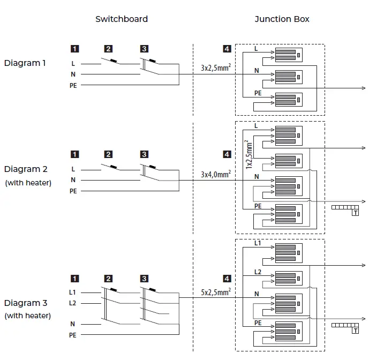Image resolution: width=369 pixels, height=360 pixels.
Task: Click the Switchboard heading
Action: (122, 19)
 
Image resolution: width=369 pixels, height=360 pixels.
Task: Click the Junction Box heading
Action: (282, 19)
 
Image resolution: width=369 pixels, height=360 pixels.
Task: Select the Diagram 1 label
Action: (25, 63)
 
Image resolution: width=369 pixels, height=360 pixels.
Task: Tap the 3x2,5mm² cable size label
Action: (216, 68)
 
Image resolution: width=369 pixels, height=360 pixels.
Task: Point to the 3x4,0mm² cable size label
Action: (216, 174)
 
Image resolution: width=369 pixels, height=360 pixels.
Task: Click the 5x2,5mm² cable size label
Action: (216, 292)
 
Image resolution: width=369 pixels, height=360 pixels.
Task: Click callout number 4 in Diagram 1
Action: (227, 49)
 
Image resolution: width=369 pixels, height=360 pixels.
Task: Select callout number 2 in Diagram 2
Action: (108, 155)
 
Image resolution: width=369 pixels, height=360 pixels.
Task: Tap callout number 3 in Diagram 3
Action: (144, 279)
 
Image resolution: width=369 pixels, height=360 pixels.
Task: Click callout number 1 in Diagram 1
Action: (74, 49)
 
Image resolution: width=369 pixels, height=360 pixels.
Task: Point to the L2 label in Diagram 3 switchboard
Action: (73, 303)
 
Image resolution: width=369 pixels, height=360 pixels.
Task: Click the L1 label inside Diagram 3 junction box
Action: (258, 243)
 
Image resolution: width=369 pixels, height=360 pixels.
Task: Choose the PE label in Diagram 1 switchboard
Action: (73, 85)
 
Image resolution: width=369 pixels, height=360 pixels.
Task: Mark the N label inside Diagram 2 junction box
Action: (257, 176)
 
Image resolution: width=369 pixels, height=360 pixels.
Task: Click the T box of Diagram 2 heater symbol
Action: (355, 213)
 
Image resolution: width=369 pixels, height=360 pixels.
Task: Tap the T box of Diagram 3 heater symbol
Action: (355, 331)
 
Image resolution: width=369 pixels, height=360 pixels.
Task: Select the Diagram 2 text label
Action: (26, 169)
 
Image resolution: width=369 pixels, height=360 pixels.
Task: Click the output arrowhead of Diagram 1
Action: (365, 88)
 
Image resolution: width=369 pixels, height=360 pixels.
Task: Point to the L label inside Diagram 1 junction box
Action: (255, 49)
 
